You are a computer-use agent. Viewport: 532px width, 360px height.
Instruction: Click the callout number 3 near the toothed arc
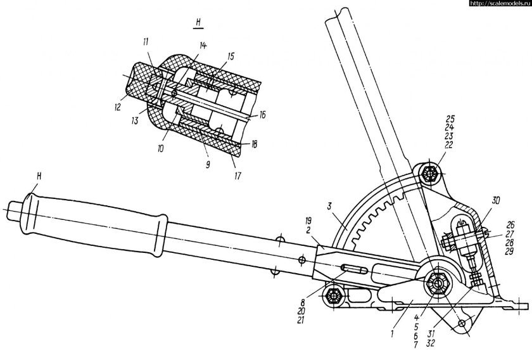click(329, 206)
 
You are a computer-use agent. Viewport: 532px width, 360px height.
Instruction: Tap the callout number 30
click(495, 201)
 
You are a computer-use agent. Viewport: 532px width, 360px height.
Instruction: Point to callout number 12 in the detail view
click(117, 107)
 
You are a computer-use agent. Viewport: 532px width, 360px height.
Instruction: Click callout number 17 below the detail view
click(237, 176)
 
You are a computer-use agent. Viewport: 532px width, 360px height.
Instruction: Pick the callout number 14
click(203, 46)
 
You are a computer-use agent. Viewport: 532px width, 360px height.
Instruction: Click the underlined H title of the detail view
click(198, 23)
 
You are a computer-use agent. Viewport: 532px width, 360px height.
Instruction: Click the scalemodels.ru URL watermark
click(501, 3)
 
